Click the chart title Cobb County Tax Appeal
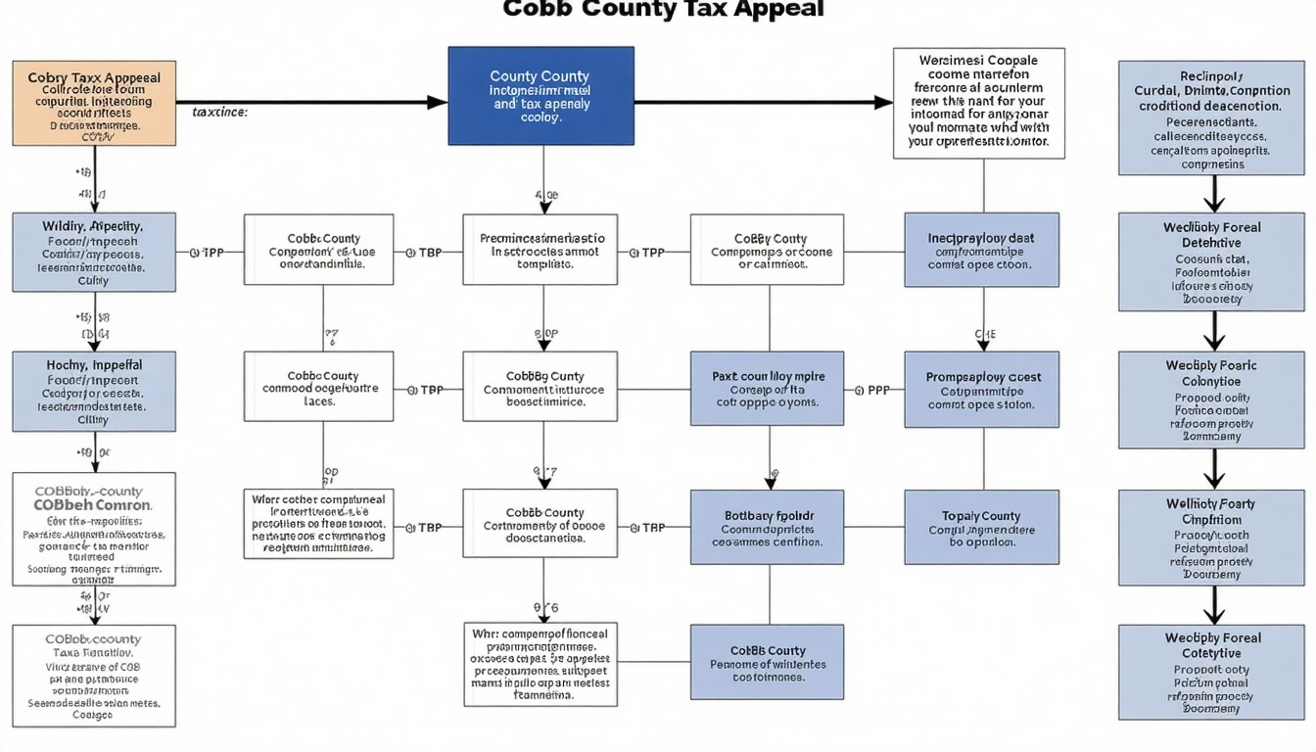(663, 10)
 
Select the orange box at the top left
(94, 103)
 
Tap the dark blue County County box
(540, 96)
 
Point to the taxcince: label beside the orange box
(220, 113)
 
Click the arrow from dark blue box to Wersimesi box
(764, 102)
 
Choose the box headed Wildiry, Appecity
(94, 252)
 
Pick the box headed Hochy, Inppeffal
(94, 392)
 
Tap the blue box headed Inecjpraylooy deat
(981, 251)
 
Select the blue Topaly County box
(981, 527)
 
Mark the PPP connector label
(878, 390)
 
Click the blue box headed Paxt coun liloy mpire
(767, 389)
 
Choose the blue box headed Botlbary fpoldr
(767, 527)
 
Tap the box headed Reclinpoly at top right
(1211, 117)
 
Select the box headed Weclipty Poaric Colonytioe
(1211, 400)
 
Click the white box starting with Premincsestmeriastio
(540, 250)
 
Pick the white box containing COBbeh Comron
(94, 529)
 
